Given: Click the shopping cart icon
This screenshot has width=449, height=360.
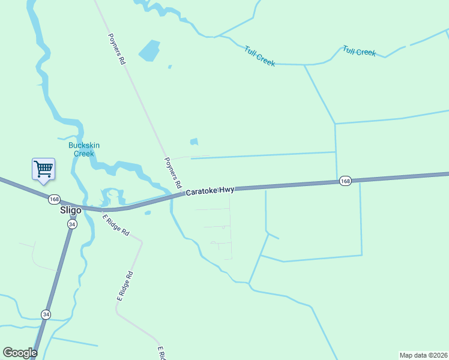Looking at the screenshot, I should pyautogui.click(x=43, y=169).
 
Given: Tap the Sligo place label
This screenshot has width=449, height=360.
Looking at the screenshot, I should pyautogui.click(x=70, y=211).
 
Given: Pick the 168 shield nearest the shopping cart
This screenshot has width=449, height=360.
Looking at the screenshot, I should pyautogui.click(x=55, y=199).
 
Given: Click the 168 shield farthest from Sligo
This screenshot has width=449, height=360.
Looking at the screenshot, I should pyautogui.click(x=345, y=181).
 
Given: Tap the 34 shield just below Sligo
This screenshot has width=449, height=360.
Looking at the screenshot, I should pyautogui.click(x=72, y=224).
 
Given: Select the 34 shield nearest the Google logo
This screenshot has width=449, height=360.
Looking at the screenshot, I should pyautogui.click(x=46, y=314).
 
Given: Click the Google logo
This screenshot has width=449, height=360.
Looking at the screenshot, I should pyautogui.click(x=20, y=353).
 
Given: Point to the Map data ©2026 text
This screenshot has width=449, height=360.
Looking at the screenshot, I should pyautogui.click(x=423, y=355).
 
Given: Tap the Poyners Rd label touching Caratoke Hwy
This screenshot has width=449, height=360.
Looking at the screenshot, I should pyautogui.click(x=173, y=173).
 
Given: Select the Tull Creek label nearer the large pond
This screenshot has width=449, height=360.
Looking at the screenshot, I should pyautogui.click(x=259, y=56).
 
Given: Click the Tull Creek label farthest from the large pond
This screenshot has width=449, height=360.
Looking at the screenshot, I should pyautogui.click(x=359, y=51).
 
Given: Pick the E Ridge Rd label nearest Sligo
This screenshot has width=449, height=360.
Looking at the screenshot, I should pyautogui.click(x=116, y=224).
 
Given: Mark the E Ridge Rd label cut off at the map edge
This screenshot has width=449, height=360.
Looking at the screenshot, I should pyautogui.click(x=161, y=353).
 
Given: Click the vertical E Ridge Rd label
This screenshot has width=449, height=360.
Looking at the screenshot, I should pyautogui.click(x=124, y=286).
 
